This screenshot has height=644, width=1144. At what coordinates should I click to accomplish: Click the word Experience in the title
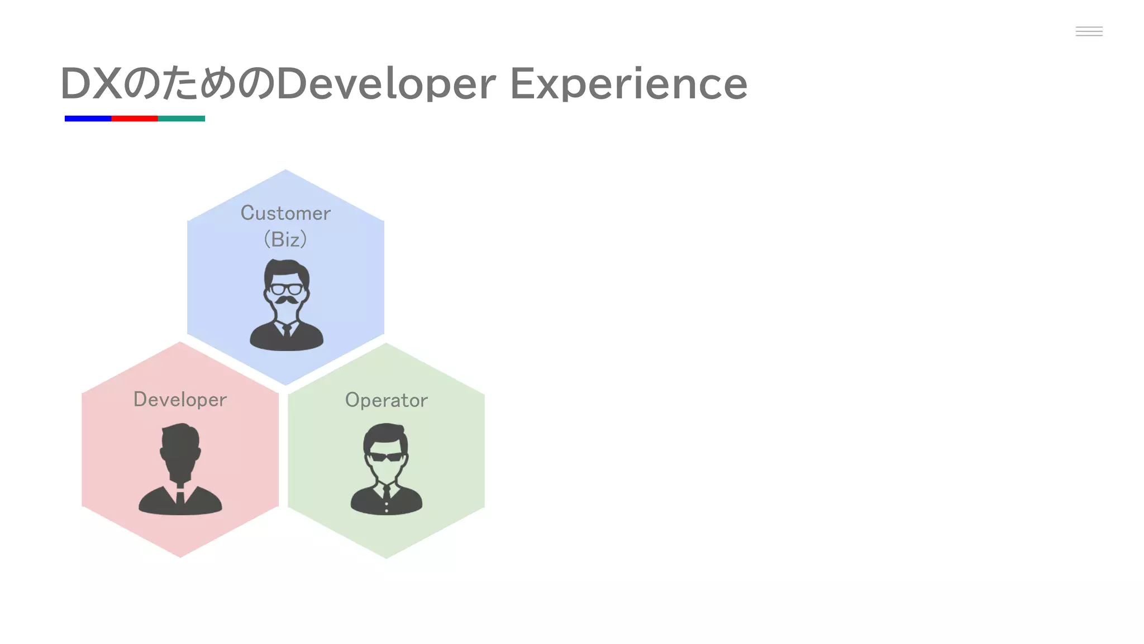pyautogui.click(x=628, y=84)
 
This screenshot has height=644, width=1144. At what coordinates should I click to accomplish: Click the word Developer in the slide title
pyautogui.click(x=386, y=84)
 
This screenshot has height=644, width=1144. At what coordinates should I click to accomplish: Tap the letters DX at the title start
pyautogui.click(x=91, y=84)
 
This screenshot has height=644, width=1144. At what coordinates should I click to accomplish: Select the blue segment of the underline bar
pyautogui.click(x=88, y=119)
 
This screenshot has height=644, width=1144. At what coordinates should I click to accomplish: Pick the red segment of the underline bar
pyautogui.click(x=135, y=119)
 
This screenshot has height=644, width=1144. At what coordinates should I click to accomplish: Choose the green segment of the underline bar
pyautogui.click(x=182, y=119)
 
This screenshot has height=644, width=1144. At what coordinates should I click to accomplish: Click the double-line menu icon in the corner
pyautogui.click(x=1089, y=31)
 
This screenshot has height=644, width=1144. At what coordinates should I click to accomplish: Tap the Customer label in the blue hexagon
pyautogui.click(x=285, y=213)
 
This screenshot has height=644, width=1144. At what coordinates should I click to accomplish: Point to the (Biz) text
pyautogui.click(x=285, y=239)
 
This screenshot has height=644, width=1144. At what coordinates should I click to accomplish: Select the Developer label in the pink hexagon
pyautogui.click(x=180, y=399)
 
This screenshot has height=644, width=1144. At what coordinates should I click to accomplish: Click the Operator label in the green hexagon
pyautogui.click(x=386, y=400)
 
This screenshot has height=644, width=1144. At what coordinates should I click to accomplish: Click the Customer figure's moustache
pyautogui.click(x=286, y=300)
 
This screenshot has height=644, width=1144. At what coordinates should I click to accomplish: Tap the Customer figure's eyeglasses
pyautogui.click(x=286, y=289)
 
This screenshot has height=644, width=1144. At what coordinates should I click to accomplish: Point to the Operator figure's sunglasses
pyautogui.click(x=386, y=457)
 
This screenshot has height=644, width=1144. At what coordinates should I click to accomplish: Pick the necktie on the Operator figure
pyautogui.click(x=386, y=494)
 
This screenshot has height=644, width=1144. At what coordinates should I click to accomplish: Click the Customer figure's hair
pyautogui.click(x=286, y=268)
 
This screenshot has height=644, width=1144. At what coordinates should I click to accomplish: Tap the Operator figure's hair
pyautogui.click(x=385, y=432)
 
